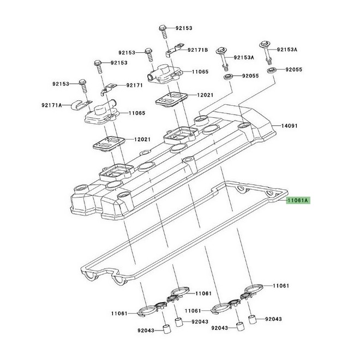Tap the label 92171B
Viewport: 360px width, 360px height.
point(198,50)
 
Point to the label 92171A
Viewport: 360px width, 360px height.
point(52,105)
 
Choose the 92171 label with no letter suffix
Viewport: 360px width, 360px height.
point(135,85)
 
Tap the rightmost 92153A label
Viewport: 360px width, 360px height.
point(288,49)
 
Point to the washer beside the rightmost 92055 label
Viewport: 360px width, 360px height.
point(271,70)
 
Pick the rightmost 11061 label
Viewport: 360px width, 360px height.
point(280,285)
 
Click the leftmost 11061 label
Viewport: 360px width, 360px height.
point(119,313)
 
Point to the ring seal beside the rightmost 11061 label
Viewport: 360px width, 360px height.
point(254,287)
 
